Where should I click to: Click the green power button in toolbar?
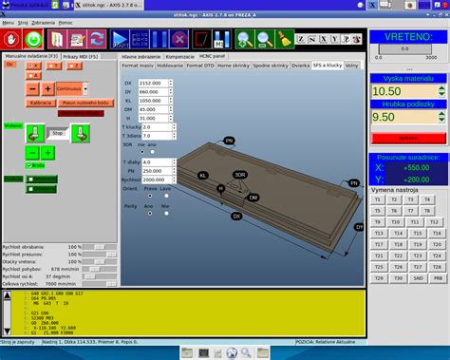coord(33,40)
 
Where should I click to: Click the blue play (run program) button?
coord(122,40)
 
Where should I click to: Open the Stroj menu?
coord(20,21)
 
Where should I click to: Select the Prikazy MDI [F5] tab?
coord(84,58)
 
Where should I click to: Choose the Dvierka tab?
coord(300,66)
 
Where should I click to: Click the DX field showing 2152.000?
coord(154,84)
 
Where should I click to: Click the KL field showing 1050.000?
coord(154,101)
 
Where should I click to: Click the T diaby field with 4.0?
coord(156,162)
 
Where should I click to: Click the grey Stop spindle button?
coord(57,135)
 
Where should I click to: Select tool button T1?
coord(377,200)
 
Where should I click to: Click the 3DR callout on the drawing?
coord(240,175)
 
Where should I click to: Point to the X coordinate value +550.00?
coord(415,167)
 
